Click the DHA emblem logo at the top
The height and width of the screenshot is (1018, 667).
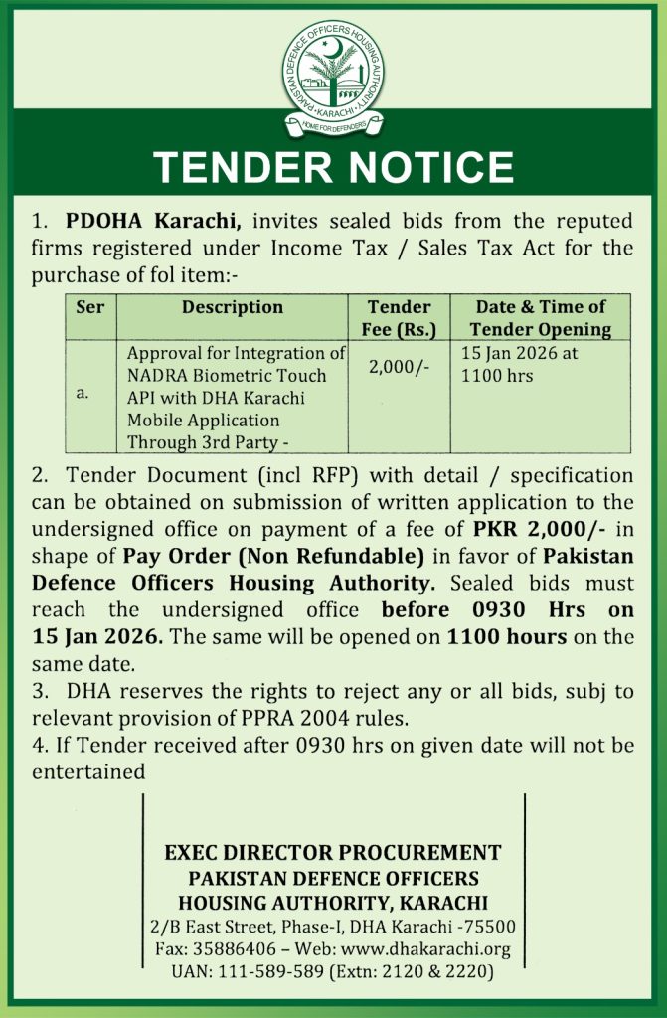click(x=333, y=70)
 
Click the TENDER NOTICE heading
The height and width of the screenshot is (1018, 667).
click(x=333, y=166)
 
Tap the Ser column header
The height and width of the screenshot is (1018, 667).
click(x=90, y=308)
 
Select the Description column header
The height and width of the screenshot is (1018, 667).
click(x=232, y=308)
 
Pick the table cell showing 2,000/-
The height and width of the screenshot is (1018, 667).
click(x=398, y=367)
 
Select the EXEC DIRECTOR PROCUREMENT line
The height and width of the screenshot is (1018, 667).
click(x=333, y=853)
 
